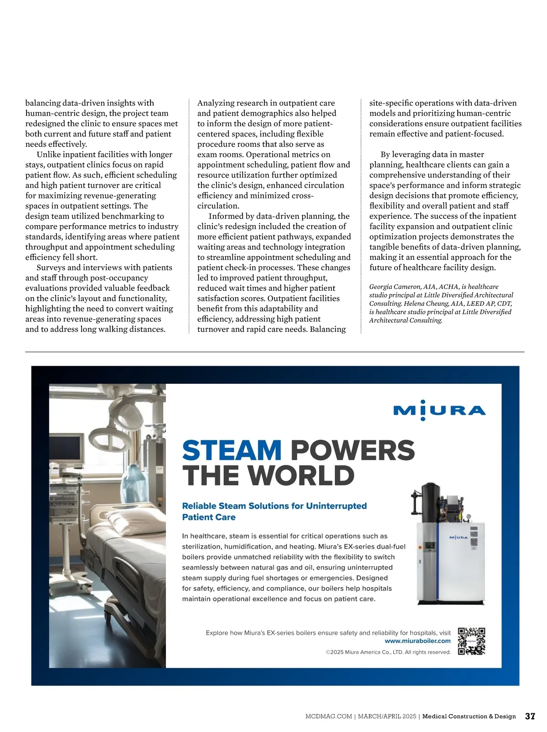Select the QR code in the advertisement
471,641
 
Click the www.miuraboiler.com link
418,641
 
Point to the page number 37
530,716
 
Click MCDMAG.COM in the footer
328,717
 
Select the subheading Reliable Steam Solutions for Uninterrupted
274,506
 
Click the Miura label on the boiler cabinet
458,538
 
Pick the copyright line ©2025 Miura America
388,652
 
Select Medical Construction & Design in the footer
469,717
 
